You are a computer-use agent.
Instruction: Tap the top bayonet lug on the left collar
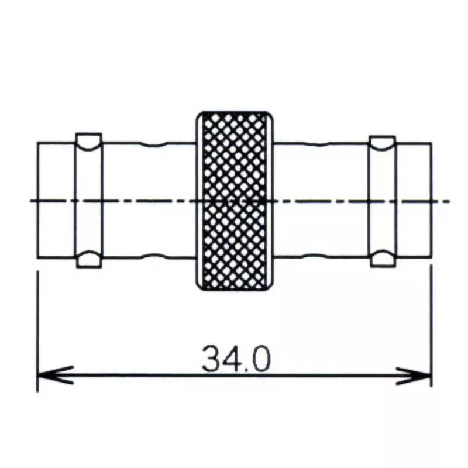pyautogui.click(x=89, y=140)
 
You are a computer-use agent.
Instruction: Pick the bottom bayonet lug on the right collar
pyautogui.click(x=383, y=259)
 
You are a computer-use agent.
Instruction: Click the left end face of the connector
pyautogui.click(x=37, y=175)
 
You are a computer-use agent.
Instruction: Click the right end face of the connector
pyautogui.click(x=432, y=175)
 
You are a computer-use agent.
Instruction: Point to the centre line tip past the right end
pyautogui.click(x=448, y=201)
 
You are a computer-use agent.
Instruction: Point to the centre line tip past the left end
pyautogui.click(x=30, y=201)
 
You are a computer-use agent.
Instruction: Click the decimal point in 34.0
pyautogui.click(x=245, y=370)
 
